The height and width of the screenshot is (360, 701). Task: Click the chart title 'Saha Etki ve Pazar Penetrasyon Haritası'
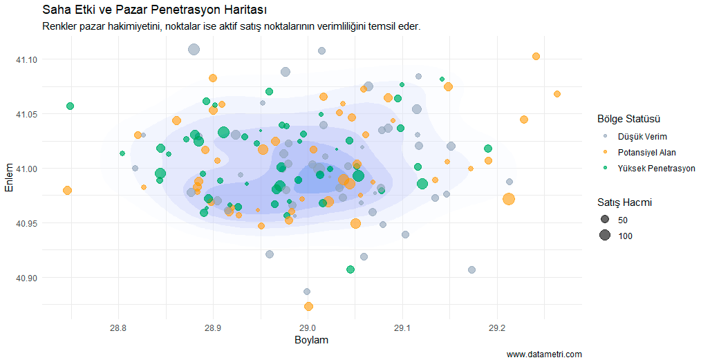click(155, 10)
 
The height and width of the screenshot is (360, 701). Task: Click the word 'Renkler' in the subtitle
click(60, 26)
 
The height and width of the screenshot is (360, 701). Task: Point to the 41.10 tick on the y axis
click(27, 59)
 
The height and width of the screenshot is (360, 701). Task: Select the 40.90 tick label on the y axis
click(27, 278)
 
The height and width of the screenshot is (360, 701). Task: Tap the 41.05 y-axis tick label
click(27, 114)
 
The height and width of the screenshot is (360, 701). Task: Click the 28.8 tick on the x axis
click(118, 326)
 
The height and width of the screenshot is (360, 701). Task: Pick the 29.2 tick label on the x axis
click(497, 326)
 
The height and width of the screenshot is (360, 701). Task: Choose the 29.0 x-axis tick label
click(308, 326)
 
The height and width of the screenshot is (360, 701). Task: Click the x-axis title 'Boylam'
click(311, 341)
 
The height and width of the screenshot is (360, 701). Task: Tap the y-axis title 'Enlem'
click(9, 178)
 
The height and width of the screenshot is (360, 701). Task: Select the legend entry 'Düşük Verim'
click(642, 136)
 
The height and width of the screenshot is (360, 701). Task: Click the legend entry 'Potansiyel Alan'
click(646, 152)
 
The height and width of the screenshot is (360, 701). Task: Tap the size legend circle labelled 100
click(605, 236)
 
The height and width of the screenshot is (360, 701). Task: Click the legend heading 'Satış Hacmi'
click(625, 202)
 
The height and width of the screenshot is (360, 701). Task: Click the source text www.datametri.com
click(544, 354)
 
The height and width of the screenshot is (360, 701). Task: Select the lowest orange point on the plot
click(308, 306)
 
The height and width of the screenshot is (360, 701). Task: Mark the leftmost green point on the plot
click(70, 106)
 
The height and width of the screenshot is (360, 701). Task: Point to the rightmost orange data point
click(557, 94)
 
